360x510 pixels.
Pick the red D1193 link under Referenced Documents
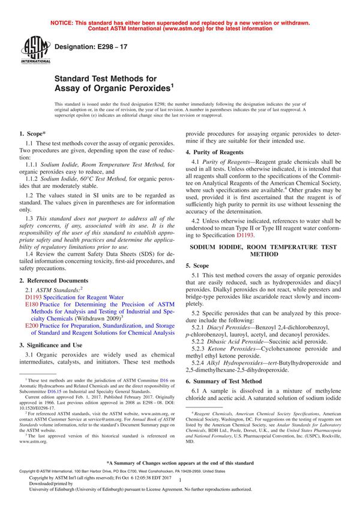35,297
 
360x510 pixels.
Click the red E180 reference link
32,305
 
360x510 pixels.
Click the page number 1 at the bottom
180,489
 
